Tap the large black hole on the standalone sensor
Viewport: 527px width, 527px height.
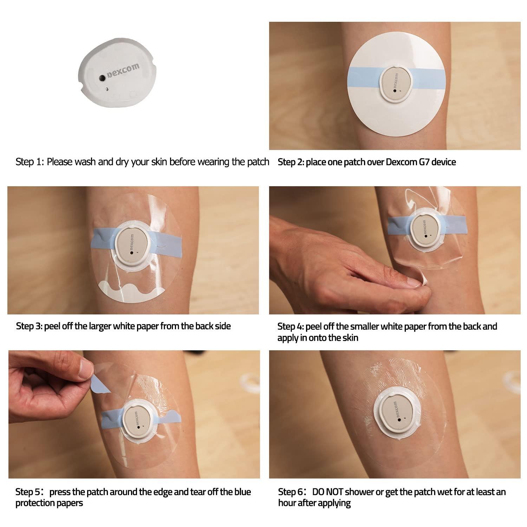tap(102, 78)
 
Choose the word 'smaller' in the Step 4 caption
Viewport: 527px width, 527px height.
tap(365, 327)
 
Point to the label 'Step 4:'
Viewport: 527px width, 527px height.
tap(290, 327)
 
